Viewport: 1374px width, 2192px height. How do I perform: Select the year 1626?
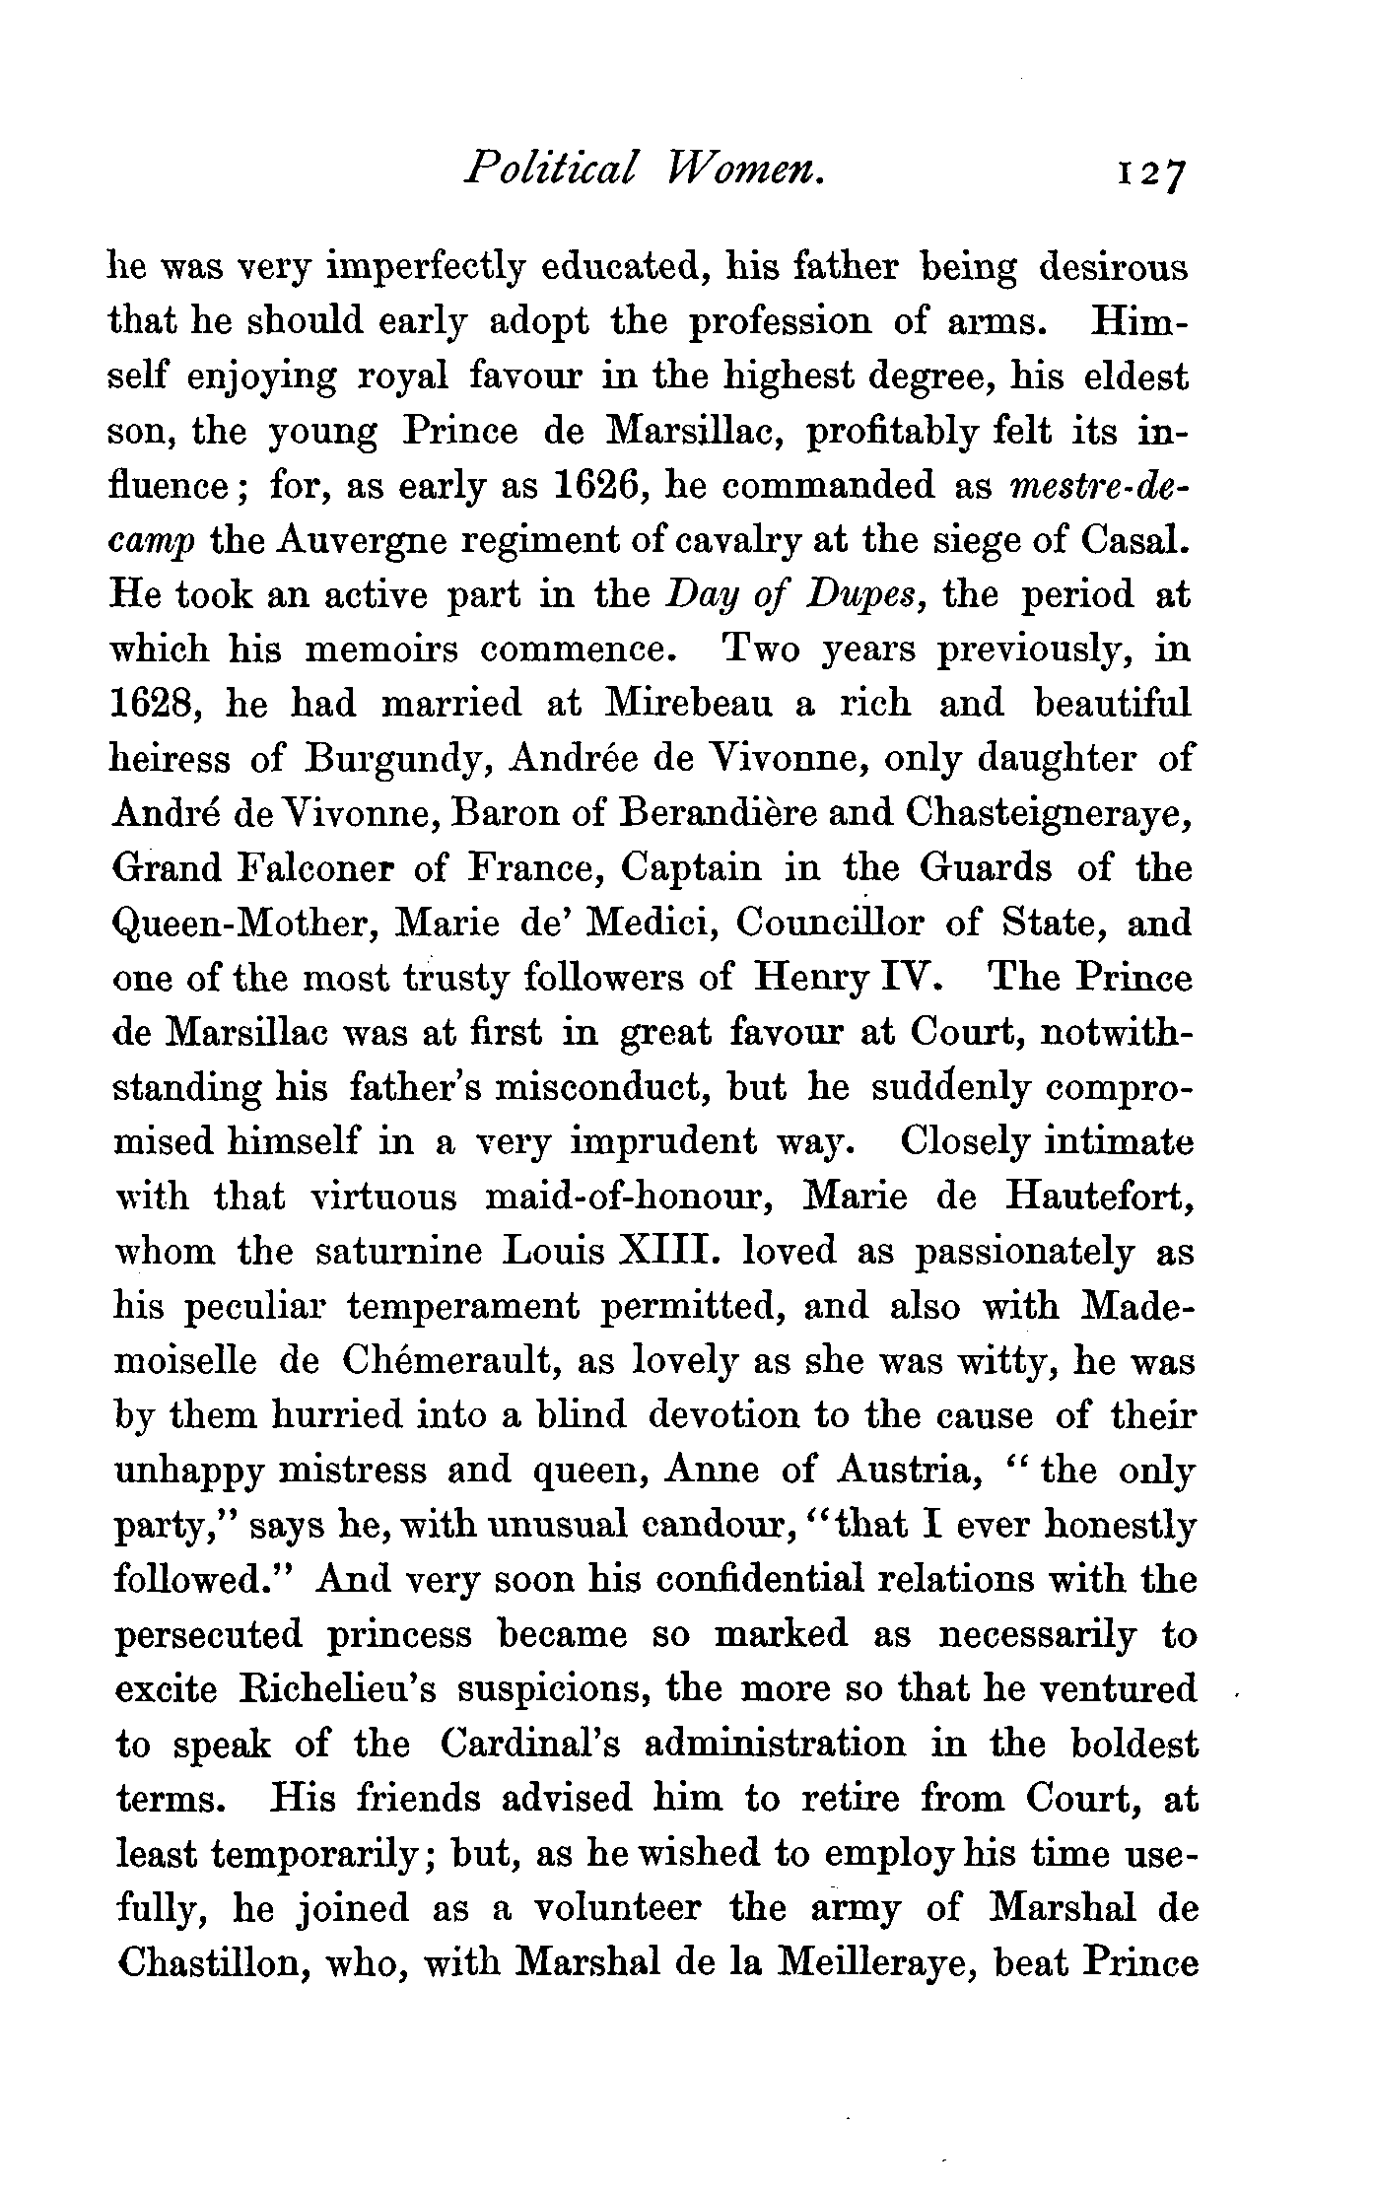click(x=600, y=486)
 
